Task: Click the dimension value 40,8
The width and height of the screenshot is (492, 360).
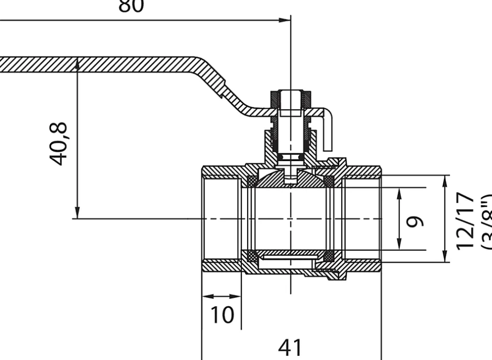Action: [59, 143]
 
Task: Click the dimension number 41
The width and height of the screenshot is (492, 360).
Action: [290, 347]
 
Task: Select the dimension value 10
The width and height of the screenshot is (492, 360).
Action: [222, 315]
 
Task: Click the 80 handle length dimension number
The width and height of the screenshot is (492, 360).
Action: [131, 6]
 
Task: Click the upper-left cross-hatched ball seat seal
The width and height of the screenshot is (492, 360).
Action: [252, 181]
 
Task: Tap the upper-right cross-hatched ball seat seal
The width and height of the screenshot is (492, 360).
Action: [329, 181]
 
